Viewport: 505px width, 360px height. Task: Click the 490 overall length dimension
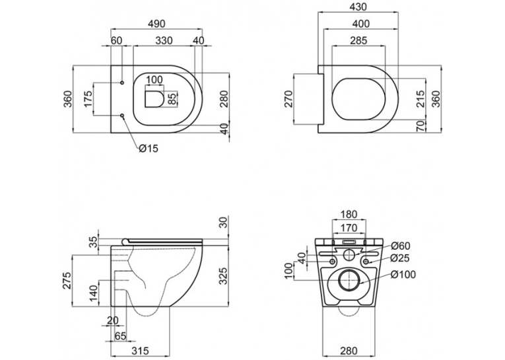[156, 24]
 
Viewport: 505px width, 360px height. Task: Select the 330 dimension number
[164, 40]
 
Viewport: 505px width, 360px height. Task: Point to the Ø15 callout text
[149, 148]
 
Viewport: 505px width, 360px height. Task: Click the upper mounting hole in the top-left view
[122, 83]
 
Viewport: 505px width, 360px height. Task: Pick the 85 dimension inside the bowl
[172, 99]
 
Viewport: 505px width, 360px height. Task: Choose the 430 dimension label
[358, 7]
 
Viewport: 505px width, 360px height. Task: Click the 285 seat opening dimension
[358, 40]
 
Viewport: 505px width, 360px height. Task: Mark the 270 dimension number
[289, 99]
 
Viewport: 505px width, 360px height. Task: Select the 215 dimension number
[420, 99]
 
